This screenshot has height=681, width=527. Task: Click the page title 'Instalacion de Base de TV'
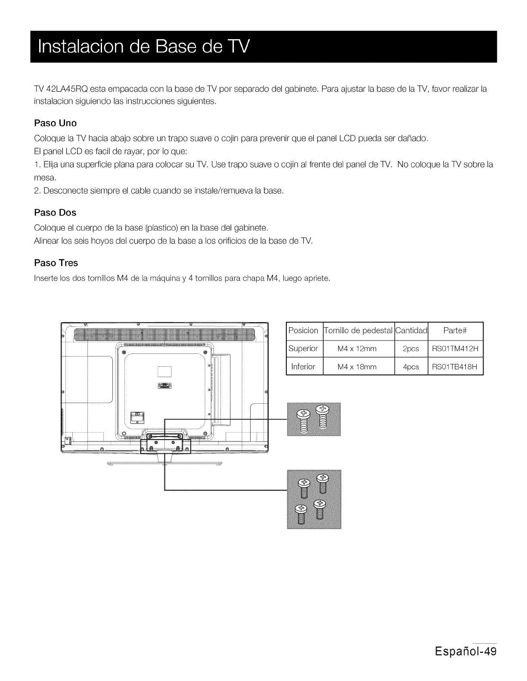(143, 46)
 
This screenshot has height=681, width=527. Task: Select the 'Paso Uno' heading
(55, 123)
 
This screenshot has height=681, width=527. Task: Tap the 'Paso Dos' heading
(55, 213)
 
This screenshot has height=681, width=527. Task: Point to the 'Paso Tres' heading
(56, 263)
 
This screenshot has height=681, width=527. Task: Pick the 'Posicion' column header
(304, 331)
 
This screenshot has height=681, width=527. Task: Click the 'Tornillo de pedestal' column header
(358, 331)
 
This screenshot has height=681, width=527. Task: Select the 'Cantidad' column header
(411, 331)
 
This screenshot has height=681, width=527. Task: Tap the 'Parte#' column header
(456, 331)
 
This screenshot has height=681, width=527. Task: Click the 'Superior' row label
(303, 349)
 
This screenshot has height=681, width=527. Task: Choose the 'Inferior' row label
(303, 367)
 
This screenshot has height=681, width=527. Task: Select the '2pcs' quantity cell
(411, 349)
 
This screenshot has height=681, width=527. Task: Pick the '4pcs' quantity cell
(411, 367)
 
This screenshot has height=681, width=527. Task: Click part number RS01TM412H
(456, 349)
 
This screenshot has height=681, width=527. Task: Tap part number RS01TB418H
(456, 367)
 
